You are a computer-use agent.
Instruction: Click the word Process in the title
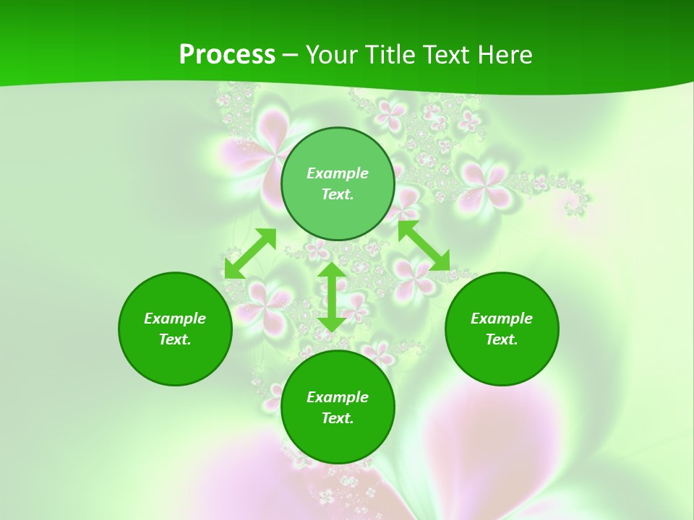coord(227,55)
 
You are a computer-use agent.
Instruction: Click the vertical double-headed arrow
coord(332,297)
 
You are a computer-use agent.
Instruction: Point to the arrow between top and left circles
coord(250,253)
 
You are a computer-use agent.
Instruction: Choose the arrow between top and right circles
coord(424,246)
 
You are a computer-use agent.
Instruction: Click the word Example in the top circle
coord(338,173)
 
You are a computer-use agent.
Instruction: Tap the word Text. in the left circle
coord(175,339)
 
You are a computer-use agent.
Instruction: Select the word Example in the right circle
coord(502,318)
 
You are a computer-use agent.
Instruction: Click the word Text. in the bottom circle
coord(338,418)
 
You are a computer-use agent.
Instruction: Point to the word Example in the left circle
coord(175,318)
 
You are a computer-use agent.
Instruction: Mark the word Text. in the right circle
coord(502,339)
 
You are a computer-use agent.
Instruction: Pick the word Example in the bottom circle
coord(338,397)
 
